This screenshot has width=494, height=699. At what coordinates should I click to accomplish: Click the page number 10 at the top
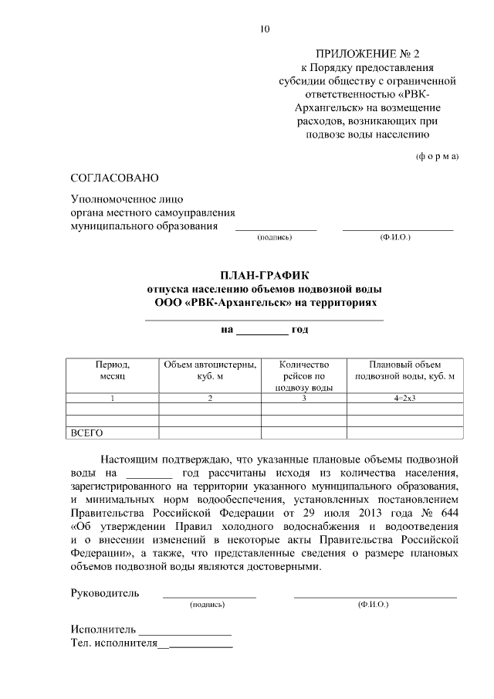265,29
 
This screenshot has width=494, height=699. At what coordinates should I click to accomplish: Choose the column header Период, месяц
112,370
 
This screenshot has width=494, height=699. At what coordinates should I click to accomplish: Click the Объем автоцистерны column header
209,370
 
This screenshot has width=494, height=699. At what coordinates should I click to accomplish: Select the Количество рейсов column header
304,375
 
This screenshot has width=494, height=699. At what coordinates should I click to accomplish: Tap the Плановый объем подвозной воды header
404,370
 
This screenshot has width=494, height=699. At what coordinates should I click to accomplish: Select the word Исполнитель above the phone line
104,629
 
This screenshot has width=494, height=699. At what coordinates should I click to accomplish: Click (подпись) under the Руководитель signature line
207,606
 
